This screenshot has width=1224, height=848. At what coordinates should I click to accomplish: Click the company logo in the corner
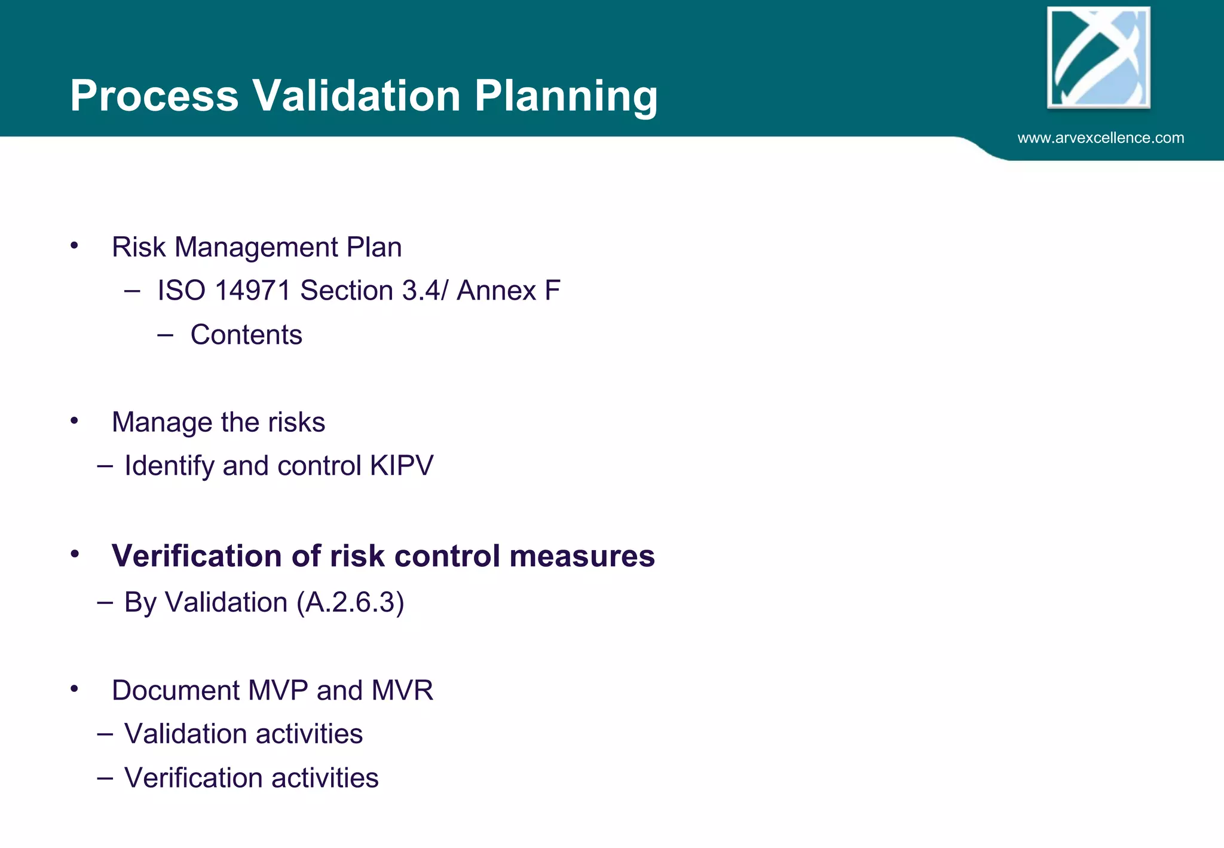click(x=1098, y=57)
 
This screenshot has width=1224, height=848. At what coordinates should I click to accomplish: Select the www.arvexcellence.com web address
click(x=1100, y=138)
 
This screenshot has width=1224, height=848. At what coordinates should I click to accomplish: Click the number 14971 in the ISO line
click(x=252, y=291)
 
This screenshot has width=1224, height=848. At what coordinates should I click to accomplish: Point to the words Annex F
click(x=508, y=291)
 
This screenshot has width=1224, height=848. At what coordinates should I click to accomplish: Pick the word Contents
click(x=246, y=335)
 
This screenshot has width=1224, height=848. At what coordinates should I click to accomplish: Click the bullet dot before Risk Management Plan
click(x=74, y=246)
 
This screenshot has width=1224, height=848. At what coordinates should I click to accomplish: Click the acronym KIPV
click(x=402, y=466)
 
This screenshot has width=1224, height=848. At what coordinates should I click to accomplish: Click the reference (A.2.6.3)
click(x=350, y=602)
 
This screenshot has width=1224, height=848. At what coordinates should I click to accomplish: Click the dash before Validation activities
click(x=105, y=734)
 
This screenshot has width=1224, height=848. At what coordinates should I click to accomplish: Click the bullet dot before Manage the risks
click(x=74, y=421)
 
